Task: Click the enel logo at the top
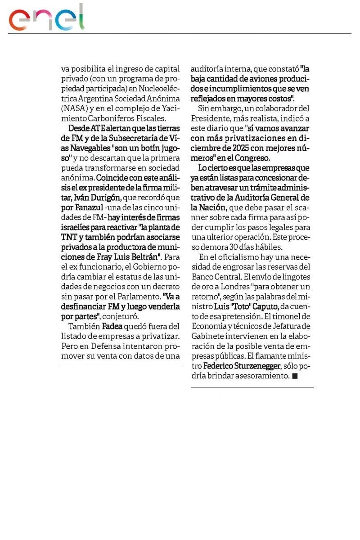click(47, 18)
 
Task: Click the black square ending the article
click(295, 376)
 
